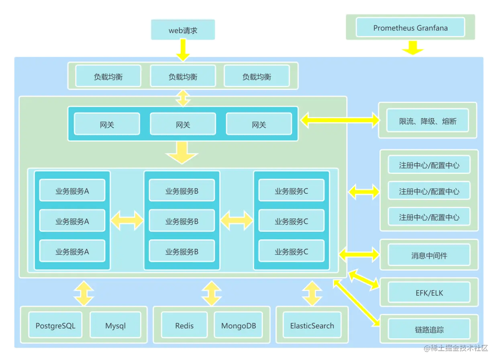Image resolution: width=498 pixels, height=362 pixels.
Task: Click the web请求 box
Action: (183, 30)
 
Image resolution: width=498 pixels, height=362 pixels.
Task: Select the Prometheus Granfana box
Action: (410, 28)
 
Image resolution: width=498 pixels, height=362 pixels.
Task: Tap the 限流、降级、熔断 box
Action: (428, 121)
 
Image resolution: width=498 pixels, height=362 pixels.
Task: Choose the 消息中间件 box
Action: (429, 256)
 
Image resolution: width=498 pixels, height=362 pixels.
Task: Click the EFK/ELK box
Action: (429, 292)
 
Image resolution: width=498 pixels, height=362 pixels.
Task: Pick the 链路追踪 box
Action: (429, 330)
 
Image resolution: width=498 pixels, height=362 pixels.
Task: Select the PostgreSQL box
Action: (55, 325)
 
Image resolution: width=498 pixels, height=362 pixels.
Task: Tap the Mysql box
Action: (115, 325)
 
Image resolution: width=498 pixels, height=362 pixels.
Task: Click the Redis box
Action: (184, 325)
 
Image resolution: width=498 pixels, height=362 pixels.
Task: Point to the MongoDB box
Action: (239, 325)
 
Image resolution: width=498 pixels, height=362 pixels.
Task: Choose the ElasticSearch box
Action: (312, 325)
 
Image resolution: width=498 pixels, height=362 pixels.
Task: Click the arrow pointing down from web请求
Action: (183, 51)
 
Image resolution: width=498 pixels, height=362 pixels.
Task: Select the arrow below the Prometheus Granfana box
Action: (411, 47)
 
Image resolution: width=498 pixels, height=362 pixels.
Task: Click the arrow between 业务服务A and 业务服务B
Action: (127, 221)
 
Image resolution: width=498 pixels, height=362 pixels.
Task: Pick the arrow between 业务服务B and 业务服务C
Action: (237, 221)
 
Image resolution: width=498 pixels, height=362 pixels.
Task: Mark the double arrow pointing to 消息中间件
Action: (359, 254)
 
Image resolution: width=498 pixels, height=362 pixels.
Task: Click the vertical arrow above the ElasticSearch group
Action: (312, 294)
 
